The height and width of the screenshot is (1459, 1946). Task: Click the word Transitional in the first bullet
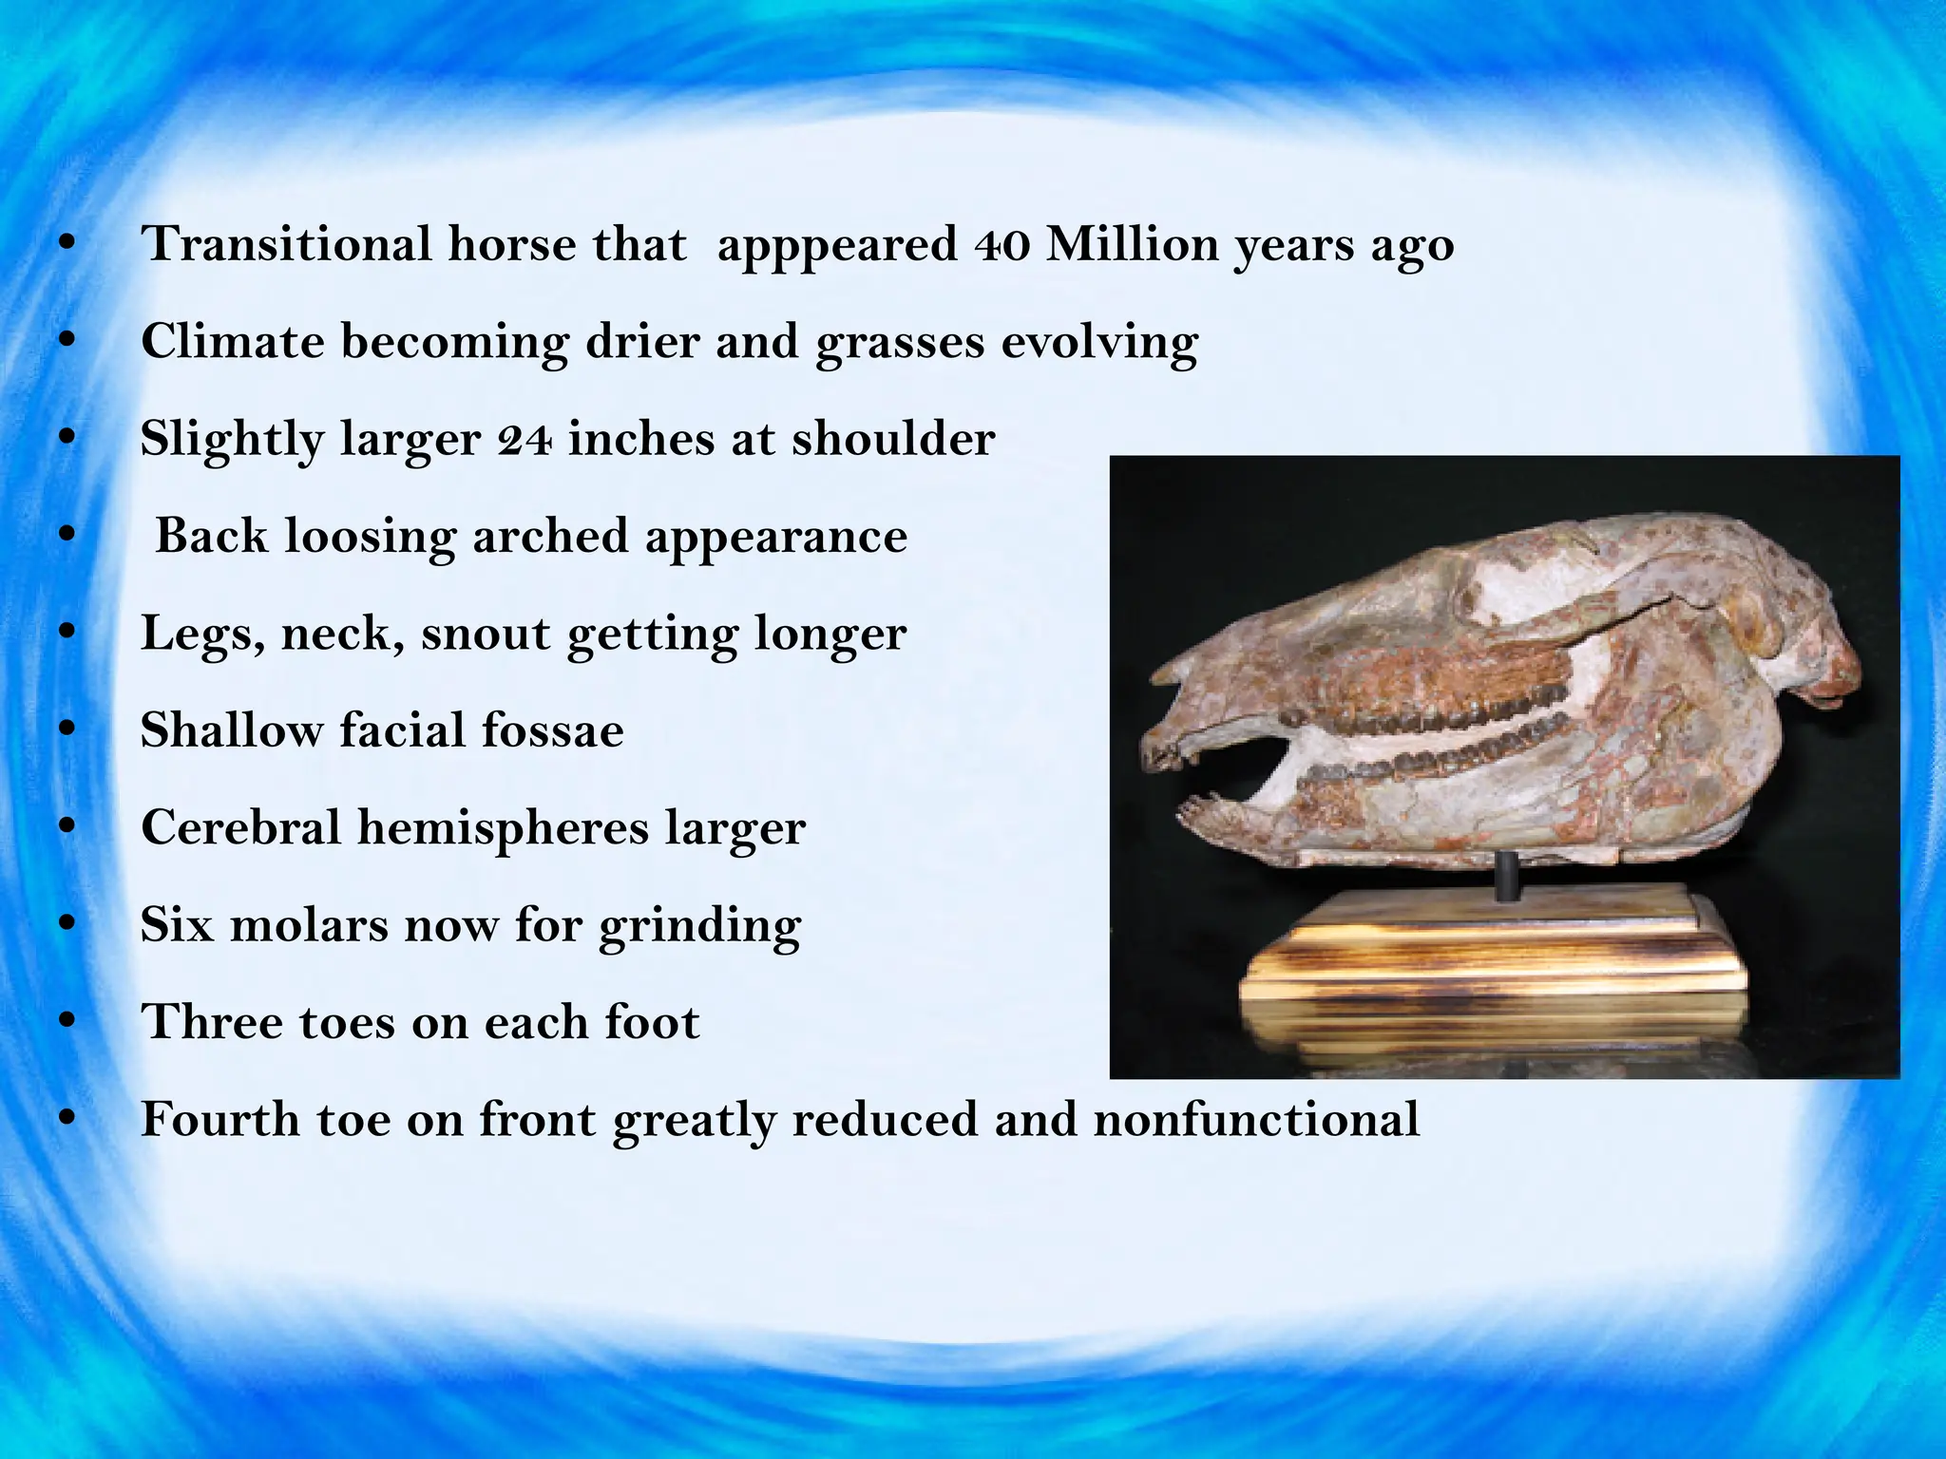[286, 244]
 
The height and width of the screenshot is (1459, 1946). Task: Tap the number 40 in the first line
[1002, 244]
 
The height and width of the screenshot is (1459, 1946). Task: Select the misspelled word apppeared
[837, 246]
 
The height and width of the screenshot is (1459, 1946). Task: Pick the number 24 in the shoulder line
[524, 439]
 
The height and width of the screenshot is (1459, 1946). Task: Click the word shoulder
[893, 439]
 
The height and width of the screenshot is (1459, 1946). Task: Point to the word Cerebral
[240, 827]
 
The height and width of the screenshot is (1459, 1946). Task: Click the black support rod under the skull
[1505, 877]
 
